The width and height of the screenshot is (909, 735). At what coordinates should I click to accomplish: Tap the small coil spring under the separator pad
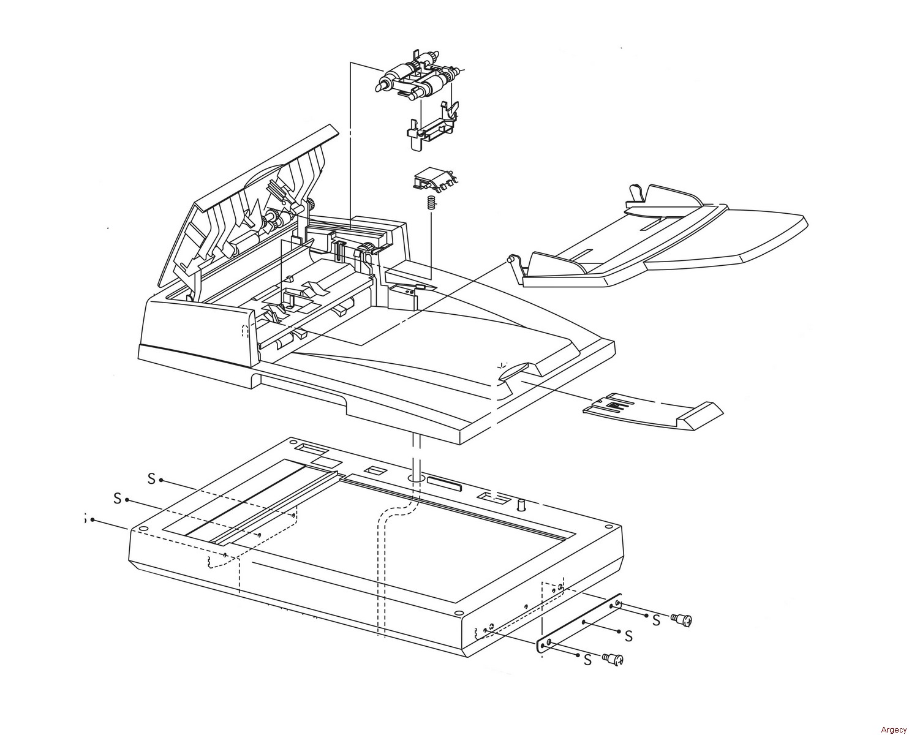(x=431, y=203)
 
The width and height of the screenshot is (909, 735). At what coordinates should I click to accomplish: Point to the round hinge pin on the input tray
(x=510, y=259)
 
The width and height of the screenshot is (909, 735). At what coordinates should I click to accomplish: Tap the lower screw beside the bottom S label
(x=613, y=659)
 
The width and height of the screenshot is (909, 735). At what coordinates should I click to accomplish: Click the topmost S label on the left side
(x=151, y=478)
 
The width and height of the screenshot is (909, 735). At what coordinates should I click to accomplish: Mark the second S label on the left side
(x=117, y=499)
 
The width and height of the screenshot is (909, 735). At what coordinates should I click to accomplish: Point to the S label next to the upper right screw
(x=656, y=620)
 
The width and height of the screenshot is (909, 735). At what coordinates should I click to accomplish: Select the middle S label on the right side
(x=628, y=636)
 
